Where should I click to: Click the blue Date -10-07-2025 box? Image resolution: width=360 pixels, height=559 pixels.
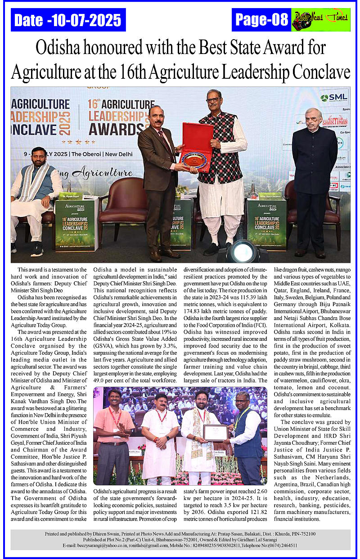pos(68,20)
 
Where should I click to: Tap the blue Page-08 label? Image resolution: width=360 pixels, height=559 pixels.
pos(261,20)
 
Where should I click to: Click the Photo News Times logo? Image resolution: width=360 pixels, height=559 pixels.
pos(320,20)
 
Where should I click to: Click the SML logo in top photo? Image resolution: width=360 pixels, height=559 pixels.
pos(334,97)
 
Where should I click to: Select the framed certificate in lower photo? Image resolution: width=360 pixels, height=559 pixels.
pos(215,433)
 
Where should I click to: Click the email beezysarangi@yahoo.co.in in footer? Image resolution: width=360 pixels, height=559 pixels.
pos(90,545)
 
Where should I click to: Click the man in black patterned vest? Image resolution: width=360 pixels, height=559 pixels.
pos(220,149)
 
